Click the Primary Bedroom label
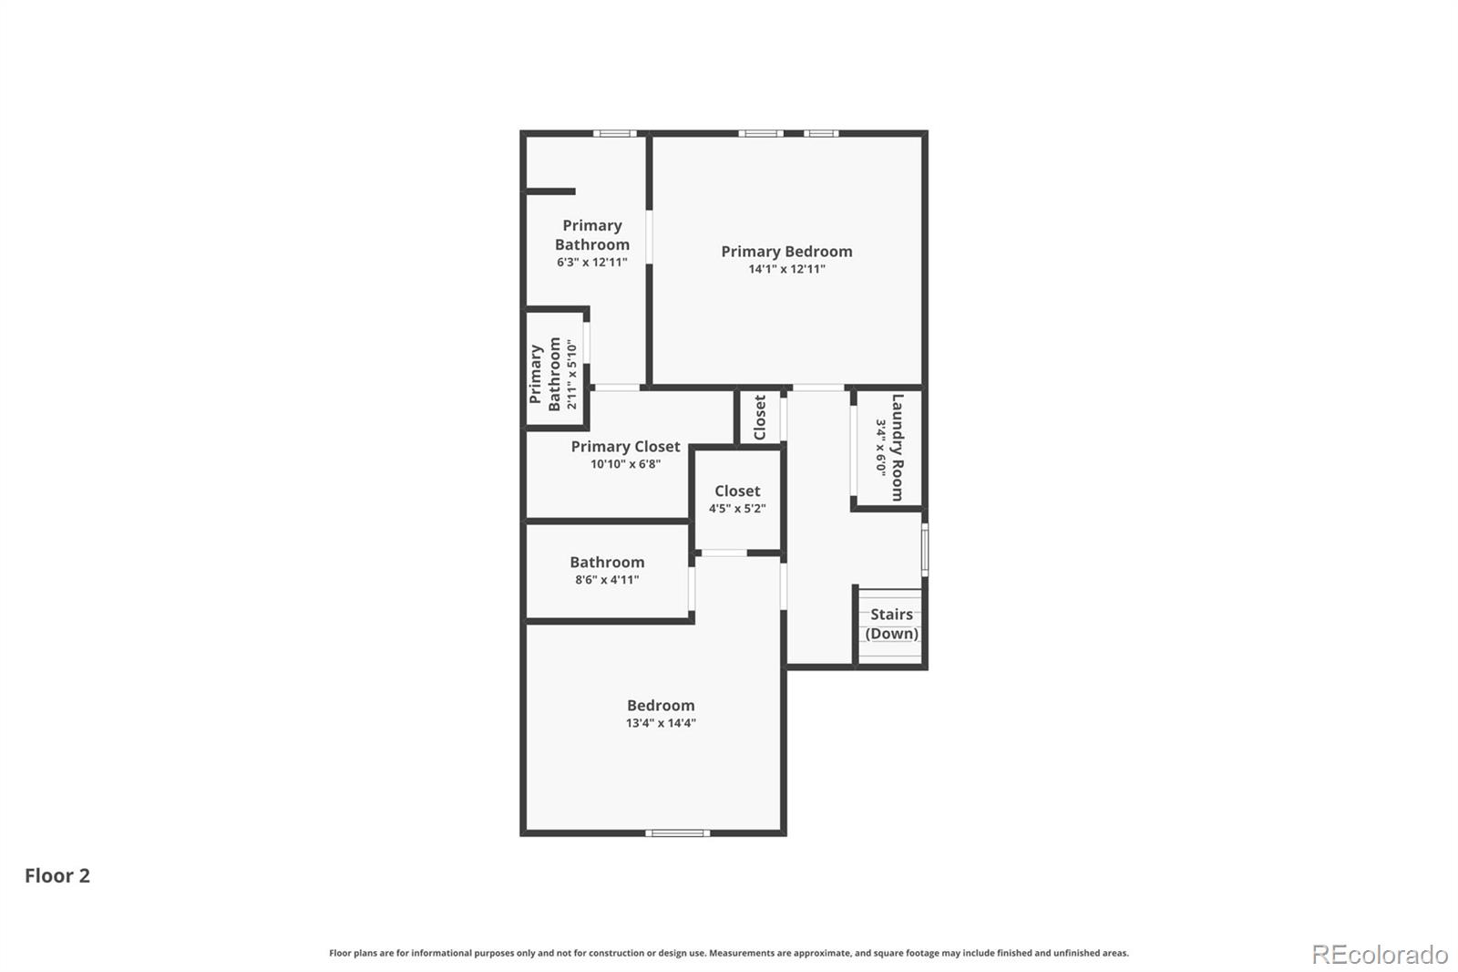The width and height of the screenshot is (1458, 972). pyautogui.click(x=786, y=251)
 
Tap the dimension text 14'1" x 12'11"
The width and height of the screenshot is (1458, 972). pyautogui.click(x=786, y=269)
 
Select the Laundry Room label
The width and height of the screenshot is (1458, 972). pyautogui.click(x=898, y=447)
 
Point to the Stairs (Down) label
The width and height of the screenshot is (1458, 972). pyautogui.click(x=891, y=624)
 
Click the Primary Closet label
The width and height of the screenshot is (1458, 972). pyautogui.click(x=625, y=446)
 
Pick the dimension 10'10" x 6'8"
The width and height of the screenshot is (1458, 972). pyautogui.click(x=625, y=464)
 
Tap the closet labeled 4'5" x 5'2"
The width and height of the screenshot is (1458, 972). pyautogui.click(x=737, y=500)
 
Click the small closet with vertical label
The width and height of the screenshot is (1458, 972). pyautogui.click(x=759, y=417)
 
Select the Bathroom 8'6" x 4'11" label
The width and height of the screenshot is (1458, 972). pyautogui.click(x=607, y=563)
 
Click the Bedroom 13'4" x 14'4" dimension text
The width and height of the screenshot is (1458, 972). pyautogui.click(x=661, y=723)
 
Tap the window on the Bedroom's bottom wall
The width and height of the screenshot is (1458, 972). pyautogui.click(x=677, y=832)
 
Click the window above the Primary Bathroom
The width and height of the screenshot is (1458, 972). pyautogui.click(x=615, y=134)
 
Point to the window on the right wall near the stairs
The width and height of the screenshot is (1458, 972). pyautogui.click(x=924, y=549)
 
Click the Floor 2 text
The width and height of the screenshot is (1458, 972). pyautogui.click(x=57, y=875)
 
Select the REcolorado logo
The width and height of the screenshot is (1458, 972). pyautogui.click(x=1380, y=955)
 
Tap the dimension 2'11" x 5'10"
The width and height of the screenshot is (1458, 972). pyautogui.click(x=572, y=374)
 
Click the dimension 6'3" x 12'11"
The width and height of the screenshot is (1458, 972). pyautogui.click(x=592, y=263)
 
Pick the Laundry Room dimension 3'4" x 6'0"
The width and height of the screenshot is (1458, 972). pyautogui.click(x=881, y=447)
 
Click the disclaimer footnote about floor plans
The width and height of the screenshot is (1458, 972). pyautogui.click(x=728, y=953)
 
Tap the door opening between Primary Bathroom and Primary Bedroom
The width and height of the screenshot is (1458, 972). pyautogui.click(x=650, y=237)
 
